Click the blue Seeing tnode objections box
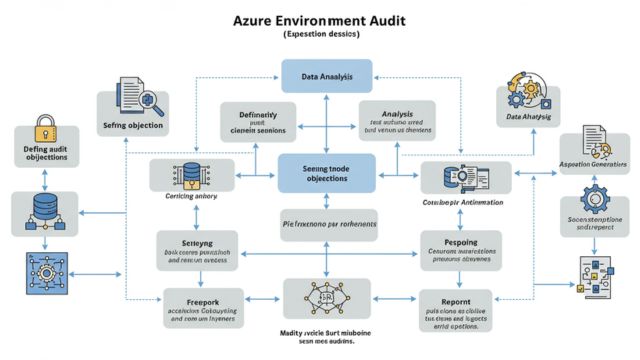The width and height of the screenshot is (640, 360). (x=325, y=171)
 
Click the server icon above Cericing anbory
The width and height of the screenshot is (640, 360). (x=191, y=174)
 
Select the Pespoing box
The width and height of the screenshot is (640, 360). (x=455, y=251)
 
